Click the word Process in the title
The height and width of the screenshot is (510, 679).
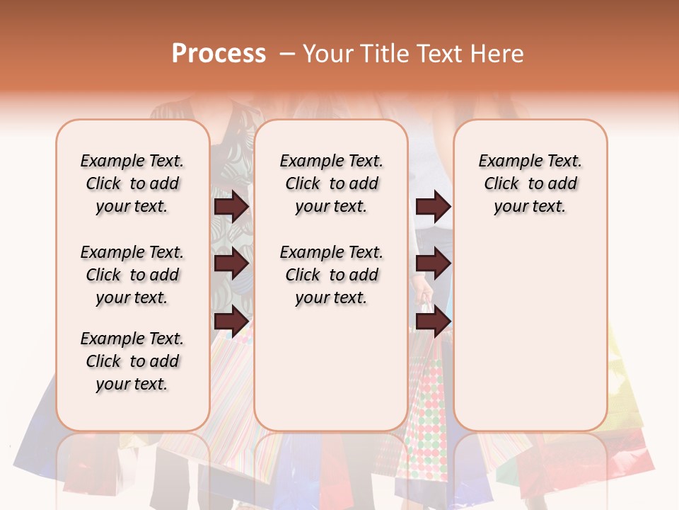[x=219, y=53]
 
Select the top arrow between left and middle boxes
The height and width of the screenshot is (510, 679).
[x=231, y=206]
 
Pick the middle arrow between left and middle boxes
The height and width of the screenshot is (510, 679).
[x=231, y=263]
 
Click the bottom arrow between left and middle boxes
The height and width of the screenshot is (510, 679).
[x=231, y=322]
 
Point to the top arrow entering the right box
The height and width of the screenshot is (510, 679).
[x=433, y=206]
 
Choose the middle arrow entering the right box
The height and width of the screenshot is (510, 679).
[x=433, y=263]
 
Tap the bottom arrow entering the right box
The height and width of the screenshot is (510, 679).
[x=433, y=322]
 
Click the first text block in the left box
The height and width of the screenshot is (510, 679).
[x=132, y=183]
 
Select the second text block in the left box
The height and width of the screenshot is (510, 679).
[x=132, y=275]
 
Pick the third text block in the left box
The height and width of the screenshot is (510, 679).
[x=132, y=361]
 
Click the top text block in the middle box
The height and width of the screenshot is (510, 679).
[x=331, y=183]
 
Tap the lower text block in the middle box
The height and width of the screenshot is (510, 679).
[x=331, y=275]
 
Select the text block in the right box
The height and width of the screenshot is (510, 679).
[x=530, y=183]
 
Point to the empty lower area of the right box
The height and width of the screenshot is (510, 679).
[x=530, y=333]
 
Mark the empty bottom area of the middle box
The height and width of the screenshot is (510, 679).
[x=331, y=375]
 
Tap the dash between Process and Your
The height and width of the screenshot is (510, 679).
[x=286, y=54]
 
